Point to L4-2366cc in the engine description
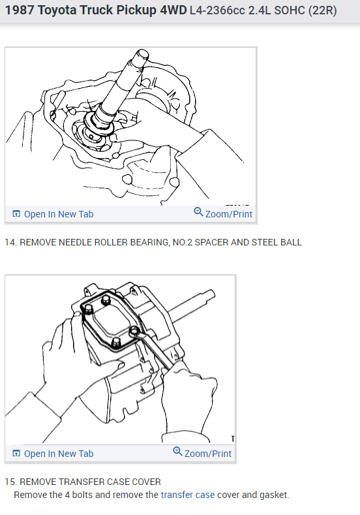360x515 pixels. pyautogui.click(x=215, y=12)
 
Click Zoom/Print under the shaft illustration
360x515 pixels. pyautogui.click(x=223, y=213)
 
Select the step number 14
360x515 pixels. pyautogui.click(x=10, y=242)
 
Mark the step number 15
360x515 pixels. pyautogui.click(x=10, y=482)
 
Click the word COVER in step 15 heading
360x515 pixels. pyautogui.click(x=144, y=482)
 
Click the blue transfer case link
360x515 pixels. pyautogui.click(x=188, y=495)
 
